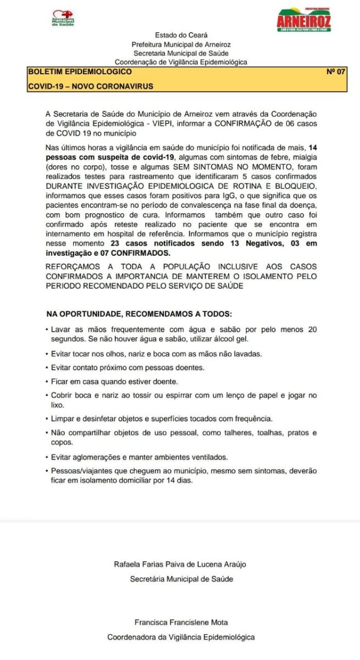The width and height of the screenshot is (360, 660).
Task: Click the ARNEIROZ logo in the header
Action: (x=311, y=20)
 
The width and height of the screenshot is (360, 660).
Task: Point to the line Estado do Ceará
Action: (x=181, y=35)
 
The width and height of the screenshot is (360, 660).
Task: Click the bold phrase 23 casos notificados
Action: (x=143, y=244)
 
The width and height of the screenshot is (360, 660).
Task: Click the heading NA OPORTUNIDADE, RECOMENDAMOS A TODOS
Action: (x=140, y=315)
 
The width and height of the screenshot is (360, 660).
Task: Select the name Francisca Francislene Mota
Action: (x=181, y=623)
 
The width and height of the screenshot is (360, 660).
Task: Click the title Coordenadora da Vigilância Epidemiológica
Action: (x=181, y=637)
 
